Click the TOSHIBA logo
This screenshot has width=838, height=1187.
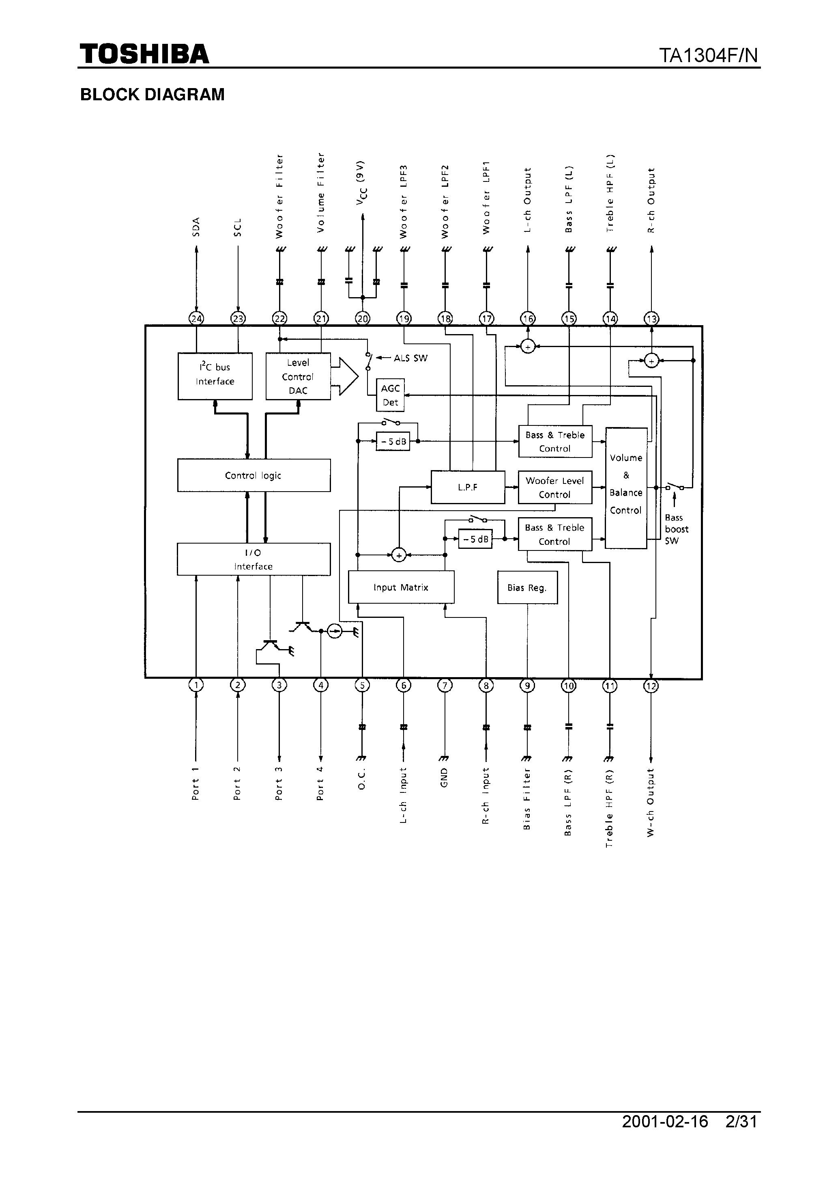(144, 54)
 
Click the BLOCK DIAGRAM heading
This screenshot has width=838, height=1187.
(153, 95)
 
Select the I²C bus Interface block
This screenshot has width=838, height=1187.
(215, 376)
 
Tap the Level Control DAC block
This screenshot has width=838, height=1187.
(298, 376)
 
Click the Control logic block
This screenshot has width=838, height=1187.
(254, 475)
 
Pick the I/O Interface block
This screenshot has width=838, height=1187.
(254, 559)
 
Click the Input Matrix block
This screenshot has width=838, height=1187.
(401, 587)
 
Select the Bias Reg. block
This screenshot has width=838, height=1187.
(527, 587)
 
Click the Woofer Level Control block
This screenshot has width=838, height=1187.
(555, 487)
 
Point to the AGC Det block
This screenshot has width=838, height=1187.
(391, 395)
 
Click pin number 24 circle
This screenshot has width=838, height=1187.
(196, 318)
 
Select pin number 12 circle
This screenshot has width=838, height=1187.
(651, 686)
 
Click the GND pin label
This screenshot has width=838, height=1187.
(444, 777)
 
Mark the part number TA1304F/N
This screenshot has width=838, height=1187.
(708, 55)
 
